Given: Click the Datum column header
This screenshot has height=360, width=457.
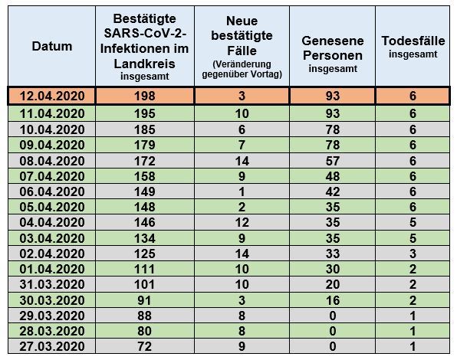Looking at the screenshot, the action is (x=52, y=46).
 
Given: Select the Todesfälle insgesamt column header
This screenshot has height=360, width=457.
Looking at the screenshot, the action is (x=413, y=47).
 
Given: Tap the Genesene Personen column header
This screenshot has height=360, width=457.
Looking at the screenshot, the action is (x=333, y=54).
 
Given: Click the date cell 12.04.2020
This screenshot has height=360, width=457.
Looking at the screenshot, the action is (x=52, y=96).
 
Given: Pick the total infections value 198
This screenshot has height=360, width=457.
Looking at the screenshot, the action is (x=145, y=96).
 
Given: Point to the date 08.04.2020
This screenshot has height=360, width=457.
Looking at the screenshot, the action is (x=52, y=161).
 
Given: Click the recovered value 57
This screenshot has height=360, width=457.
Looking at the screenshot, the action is (x=333, y=161).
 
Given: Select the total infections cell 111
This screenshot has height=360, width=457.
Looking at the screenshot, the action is (x=145, y=269).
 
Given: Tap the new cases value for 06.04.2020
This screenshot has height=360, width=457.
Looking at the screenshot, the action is (x=242, y=191).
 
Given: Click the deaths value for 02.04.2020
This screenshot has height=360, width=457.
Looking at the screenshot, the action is (x=413, y=254).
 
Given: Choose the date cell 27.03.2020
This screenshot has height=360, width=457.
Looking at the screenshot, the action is (x=52, y=346).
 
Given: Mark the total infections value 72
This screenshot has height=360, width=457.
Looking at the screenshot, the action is (x=145, y=346).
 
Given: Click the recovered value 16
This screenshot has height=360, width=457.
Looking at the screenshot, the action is (x=333, y=300).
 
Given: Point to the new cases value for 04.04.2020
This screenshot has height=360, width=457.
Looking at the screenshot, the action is (x=242, y=223).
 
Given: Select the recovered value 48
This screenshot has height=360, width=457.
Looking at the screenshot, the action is (x=333, y=176).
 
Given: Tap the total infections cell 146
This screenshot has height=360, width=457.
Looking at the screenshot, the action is (x=145, y=223).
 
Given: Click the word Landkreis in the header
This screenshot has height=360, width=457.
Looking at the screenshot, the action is (x=145, y=64).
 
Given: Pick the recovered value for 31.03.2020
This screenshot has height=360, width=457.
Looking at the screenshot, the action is (x=333, y=284).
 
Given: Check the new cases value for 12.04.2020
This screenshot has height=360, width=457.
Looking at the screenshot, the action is (x=242, y=96).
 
